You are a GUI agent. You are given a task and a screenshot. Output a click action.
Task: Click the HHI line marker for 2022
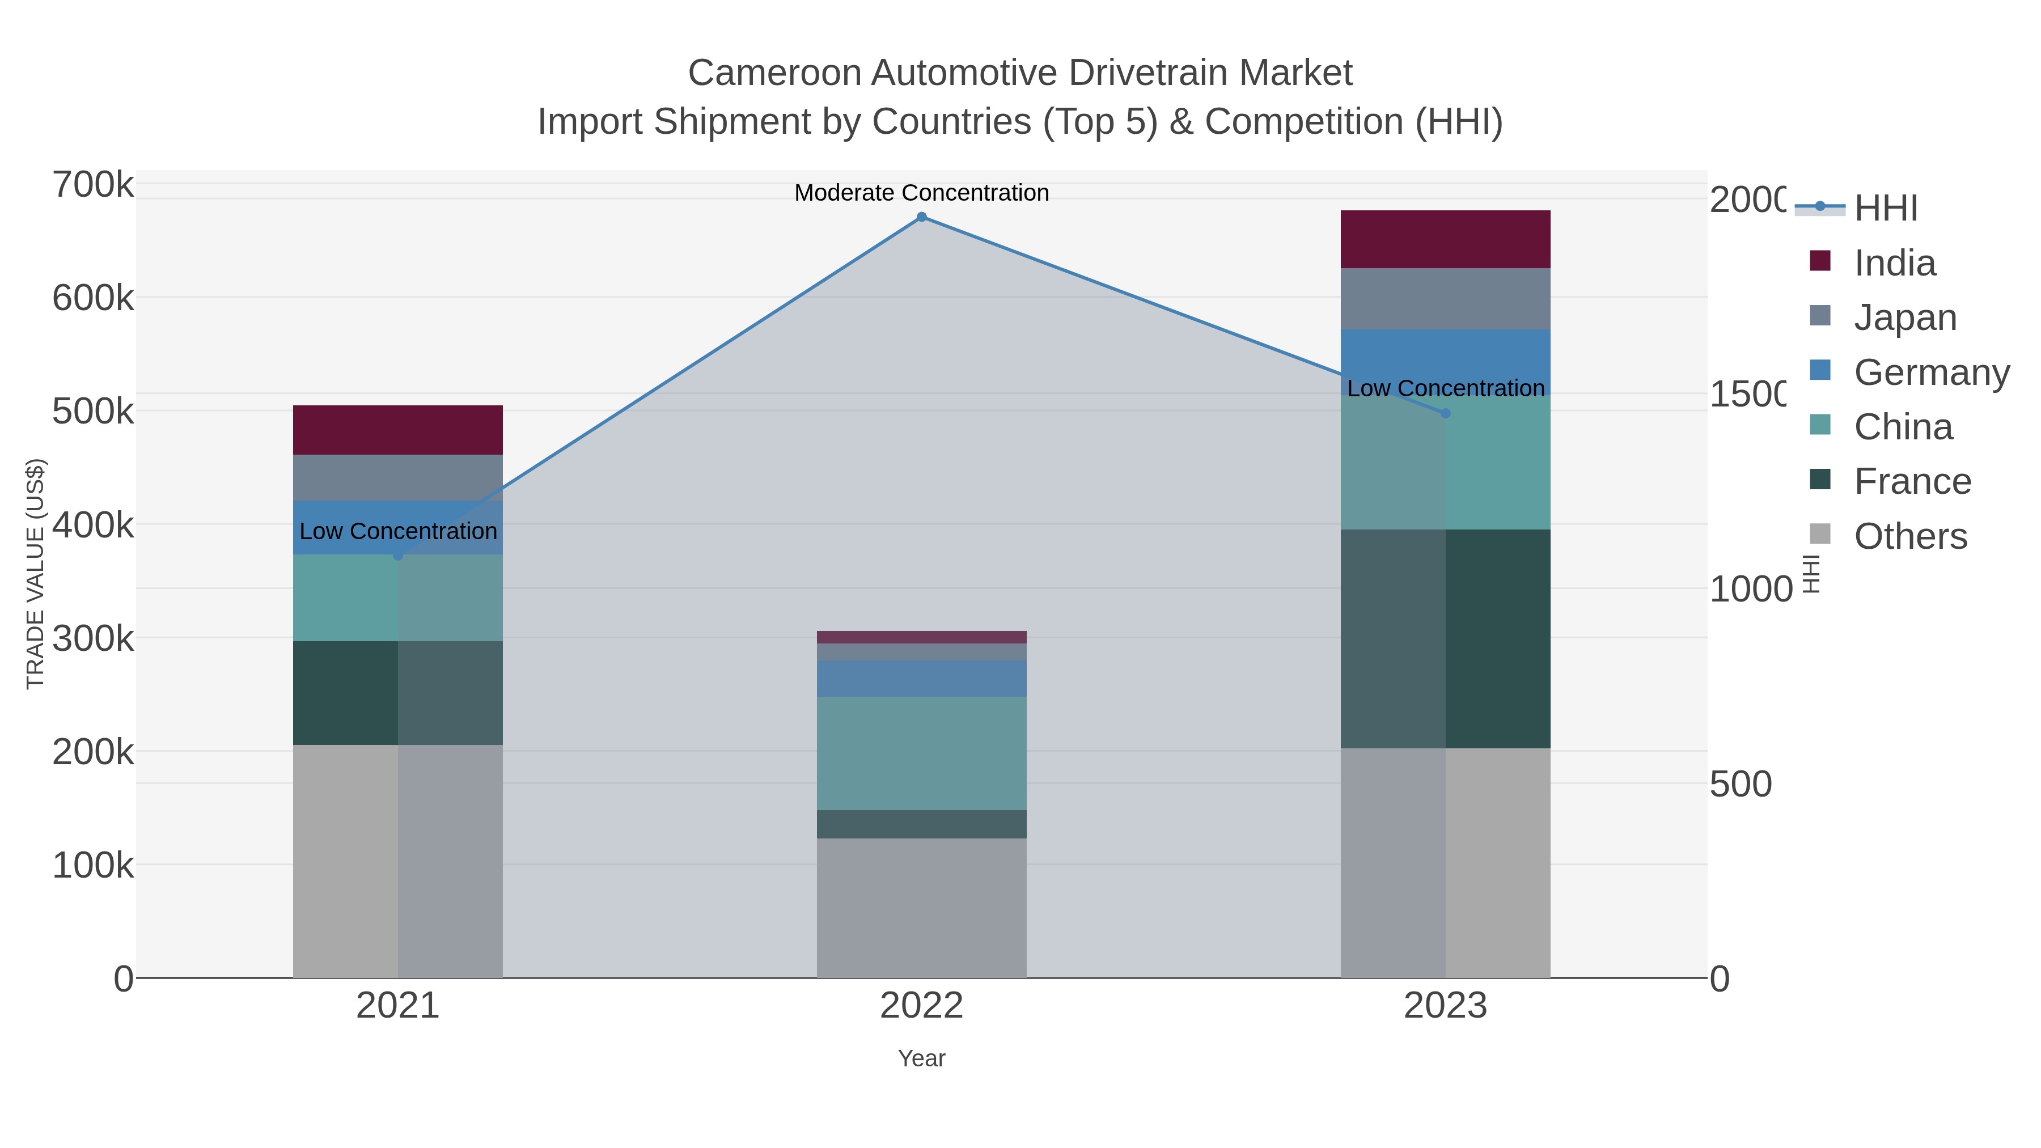pyautogui.click(x=921, y=217)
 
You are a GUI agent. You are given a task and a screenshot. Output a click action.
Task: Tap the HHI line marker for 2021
pyautogui.click(x=398, y=556)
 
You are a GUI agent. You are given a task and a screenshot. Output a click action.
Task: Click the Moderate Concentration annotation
pyautogui.click(x=921, y=193)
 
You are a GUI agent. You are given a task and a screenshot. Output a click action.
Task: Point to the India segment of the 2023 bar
pyautogui.click(x=1445, y=239)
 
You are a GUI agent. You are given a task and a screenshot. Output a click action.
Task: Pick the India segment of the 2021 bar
pyautogui.click(x=398, y=430)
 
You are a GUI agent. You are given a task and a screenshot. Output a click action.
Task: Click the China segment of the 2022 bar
pyautogui.click(x=921, y=753)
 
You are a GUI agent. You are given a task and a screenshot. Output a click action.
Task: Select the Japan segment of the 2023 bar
pyautogui.click(x=1445, y=299)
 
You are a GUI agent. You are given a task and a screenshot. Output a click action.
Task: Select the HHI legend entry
pyautogui.click(x=1886, y=209)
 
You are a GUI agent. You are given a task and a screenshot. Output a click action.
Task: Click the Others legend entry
pyautogui.click(x=1910, y=536)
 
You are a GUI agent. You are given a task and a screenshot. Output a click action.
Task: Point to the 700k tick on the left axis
pyautogui.click(x=93, y=185)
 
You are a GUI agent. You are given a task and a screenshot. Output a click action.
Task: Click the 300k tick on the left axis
pyautogui.click(x=93, y=638)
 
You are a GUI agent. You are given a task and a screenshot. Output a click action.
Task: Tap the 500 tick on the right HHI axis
pyautogui.click(x=1741, y=785)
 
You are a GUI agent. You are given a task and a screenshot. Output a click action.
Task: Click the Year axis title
pyautogui.click(x=921, y=1058)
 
